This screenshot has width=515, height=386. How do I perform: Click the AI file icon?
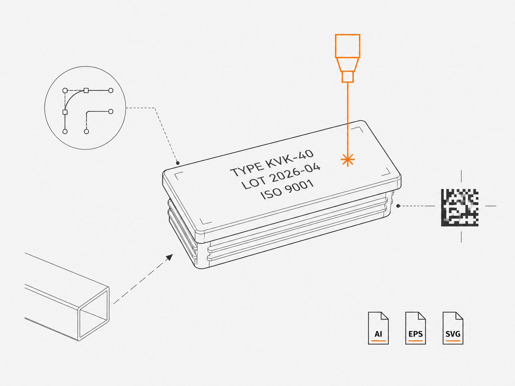pos(378,328)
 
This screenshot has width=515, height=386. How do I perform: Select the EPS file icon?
pos(415,328)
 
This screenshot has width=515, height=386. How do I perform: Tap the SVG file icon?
pos(453,328)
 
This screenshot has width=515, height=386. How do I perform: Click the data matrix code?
pos(460,208)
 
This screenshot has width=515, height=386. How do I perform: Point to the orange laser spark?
pos(348,160)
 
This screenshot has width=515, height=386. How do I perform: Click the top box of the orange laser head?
pos(347,46)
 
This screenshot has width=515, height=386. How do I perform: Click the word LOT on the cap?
pos(254,183)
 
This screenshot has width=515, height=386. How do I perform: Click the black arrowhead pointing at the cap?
pos(169,257)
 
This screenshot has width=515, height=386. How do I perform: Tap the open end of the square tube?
pos(94,313)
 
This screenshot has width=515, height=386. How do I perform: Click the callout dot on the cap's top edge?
pos(177,163)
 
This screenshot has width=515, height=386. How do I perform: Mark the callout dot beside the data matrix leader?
pos(398,206)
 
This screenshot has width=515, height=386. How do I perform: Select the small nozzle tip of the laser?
pos(347,77)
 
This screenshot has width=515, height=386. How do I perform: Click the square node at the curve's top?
pos(86,91)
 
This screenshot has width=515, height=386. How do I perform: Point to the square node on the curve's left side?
pos(65,112)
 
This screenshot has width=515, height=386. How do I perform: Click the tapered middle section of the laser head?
pos(347,64)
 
